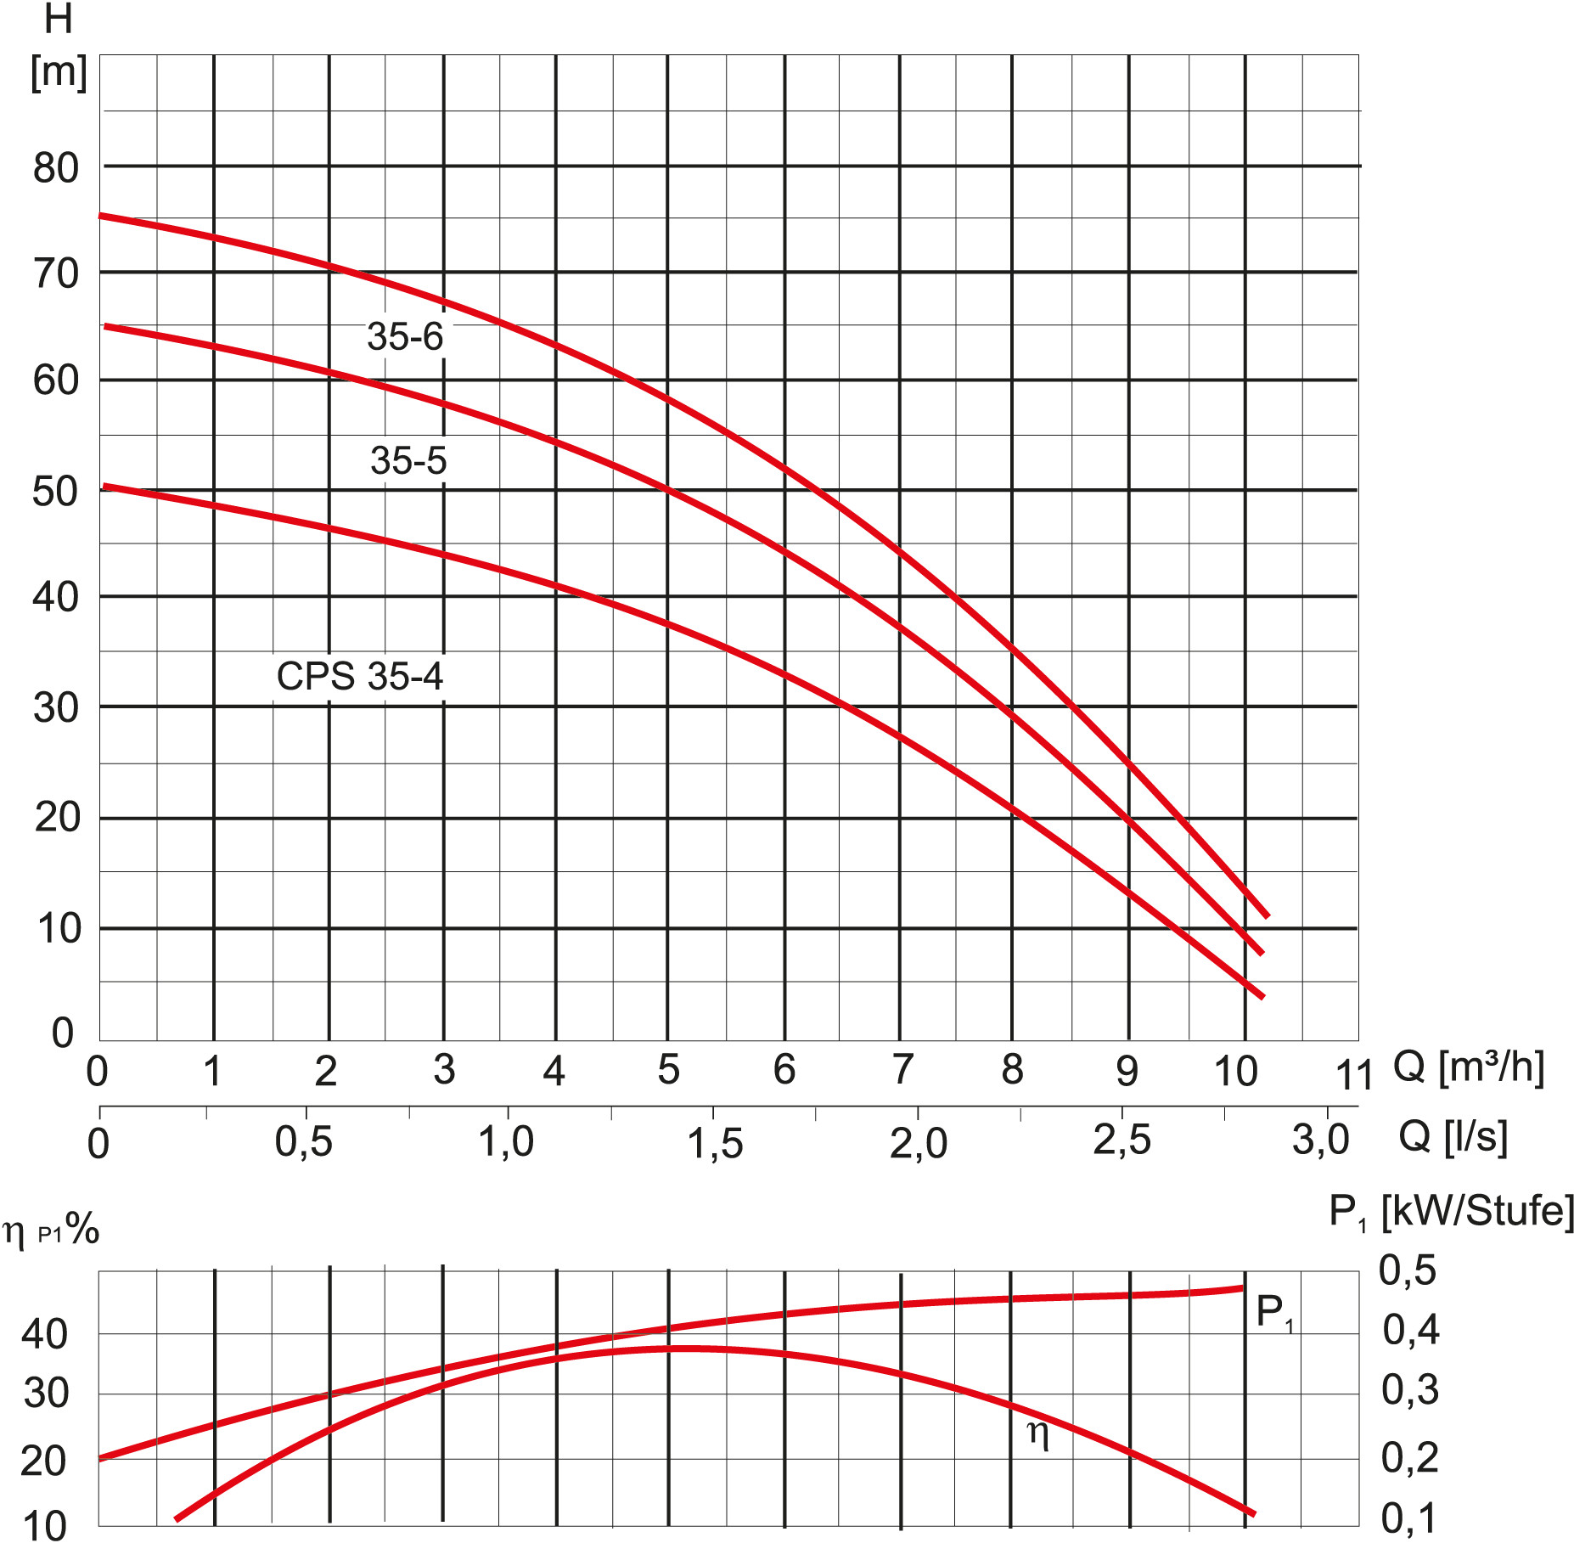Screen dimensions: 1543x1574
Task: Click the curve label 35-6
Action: click(x=405, y=337)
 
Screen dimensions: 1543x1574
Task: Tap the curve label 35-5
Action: click(x=408, y=461)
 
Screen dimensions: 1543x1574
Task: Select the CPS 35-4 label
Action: click(x=359, y=677)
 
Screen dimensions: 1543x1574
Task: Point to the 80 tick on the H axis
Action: click(x=56, y=168)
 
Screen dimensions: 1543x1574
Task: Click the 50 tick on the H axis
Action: click(x=56, y=492)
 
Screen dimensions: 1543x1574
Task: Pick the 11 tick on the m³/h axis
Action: click(x=1353, y=1075)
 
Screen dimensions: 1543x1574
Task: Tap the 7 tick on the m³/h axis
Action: click(x=902, y=1070)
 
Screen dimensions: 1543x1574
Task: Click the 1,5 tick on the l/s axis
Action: click(x=715, y=1143)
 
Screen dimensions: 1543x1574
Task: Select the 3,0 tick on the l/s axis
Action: click(x=1321, y=1140)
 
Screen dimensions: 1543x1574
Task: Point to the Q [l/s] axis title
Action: click(x=1453, y=1136)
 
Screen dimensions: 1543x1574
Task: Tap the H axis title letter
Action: click(x=58, y=20)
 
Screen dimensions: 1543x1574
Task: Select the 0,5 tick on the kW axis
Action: click(x=1408, y=1271)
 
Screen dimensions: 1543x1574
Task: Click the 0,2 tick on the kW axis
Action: click(x=1409, y=1458)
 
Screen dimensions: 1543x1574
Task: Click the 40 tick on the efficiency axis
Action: click(x=45, y=1335)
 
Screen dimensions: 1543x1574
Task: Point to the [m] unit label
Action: click(x=59, y=72)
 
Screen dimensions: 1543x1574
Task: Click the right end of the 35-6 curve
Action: click(x=1267, y=916)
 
